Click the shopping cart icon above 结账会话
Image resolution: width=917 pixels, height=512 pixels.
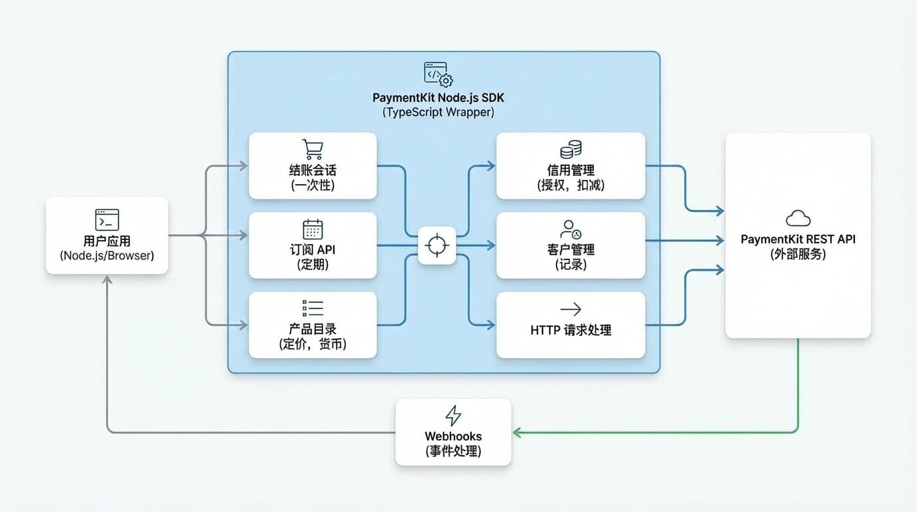coord(313,149)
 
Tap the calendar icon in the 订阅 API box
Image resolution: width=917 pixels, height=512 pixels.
coord(313,229)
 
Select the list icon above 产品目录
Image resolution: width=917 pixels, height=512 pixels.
coord(313,307)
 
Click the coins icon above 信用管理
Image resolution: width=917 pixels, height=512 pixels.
coord(570,149)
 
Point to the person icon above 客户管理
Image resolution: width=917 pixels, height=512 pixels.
coord(570,229)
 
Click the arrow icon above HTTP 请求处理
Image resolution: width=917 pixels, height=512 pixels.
coord(570,309)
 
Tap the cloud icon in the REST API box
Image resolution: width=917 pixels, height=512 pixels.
coord(798,218)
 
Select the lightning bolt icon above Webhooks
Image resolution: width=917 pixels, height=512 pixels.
coord(453,415)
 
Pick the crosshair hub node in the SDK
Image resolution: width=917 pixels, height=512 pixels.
coord(437,245)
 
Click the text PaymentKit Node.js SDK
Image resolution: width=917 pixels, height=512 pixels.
coord(438,98)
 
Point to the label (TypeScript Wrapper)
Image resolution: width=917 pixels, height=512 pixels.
coord(438,112)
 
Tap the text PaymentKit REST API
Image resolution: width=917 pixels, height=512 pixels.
coord(798,239)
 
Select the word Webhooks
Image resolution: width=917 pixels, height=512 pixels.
coord(453,437)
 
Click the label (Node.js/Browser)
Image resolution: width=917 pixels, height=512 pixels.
coord(107,255)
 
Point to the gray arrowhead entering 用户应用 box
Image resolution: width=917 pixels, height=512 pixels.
coord(107,279)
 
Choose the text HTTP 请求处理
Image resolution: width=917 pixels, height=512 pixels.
coord(570,330)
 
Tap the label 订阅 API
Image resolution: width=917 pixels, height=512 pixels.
coord(313,250)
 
